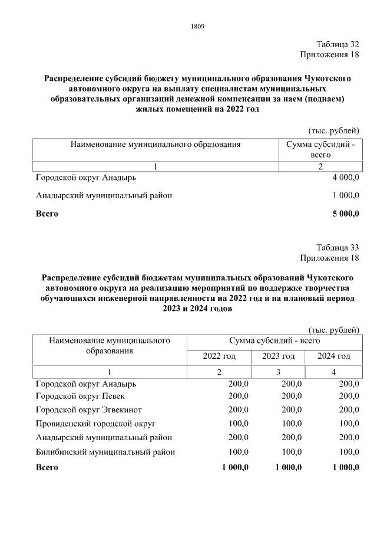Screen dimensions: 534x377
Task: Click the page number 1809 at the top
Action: coord(197,26)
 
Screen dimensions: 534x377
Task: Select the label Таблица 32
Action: coord(337,45)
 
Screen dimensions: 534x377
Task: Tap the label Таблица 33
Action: coord(337,247)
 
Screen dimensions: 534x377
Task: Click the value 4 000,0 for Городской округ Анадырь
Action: coord(345,178)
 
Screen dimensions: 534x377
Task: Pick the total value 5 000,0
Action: coord(345,214)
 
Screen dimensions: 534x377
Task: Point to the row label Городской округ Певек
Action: coord(80,396)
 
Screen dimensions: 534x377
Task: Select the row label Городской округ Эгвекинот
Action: coord(89,409)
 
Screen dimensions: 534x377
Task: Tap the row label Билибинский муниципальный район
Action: coord(105,452)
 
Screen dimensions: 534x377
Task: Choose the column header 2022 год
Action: coord(219,356)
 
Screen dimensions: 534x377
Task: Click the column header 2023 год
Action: coord(278,356)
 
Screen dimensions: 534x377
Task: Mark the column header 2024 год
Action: coord(333,356)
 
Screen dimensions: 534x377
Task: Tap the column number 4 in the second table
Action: coord(333,372)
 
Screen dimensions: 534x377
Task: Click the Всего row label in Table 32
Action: coord(47,214)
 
